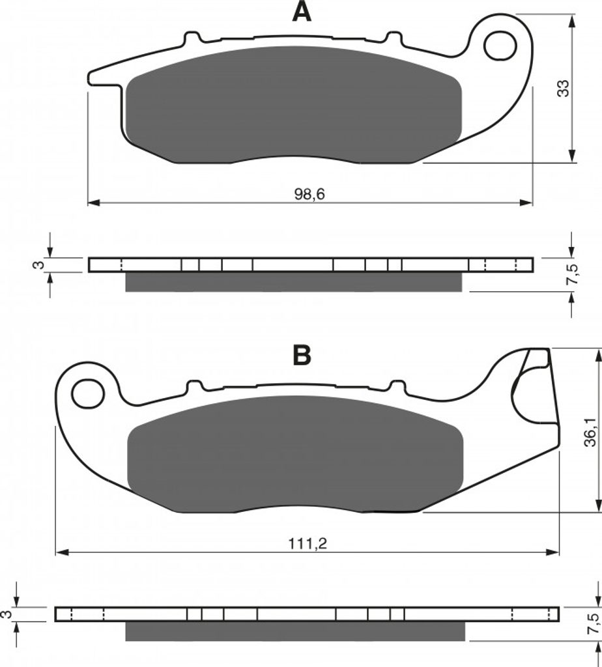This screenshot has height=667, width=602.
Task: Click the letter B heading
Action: point(302,356)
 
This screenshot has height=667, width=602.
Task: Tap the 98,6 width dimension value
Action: point(309,194)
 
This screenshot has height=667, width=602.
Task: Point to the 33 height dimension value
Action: point(563,88)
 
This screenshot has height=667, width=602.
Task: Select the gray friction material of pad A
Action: point(294,105)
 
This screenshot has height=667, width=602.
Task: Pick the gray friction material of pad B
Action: point(295,454)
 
